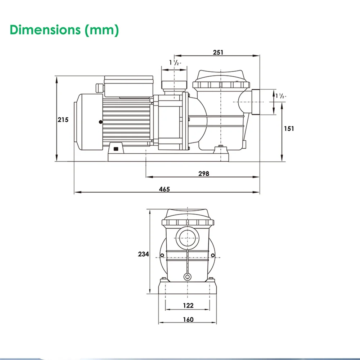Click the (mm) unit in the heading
pos(102,30)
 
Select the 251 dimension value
pos(218,52)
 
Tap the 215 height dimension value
pos(63,120)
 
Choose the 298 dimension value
pos(203,173)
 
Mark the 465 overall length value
pos(164,189)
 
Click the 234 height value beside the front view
pos(143,254)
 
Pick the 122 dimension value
pos(188,306)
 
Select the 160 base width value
pos(188,319)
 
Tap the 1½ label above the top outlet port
pos(175,62)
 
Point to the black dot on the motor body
pos(101,122)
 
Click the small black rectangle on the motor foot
pos(116,149)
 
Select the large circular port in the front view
pos(188,238)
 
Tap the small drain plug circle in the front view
pos(188,276)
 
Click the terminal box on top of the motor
pos(128,86)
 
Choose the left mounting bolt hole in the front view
pos(162,256)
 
